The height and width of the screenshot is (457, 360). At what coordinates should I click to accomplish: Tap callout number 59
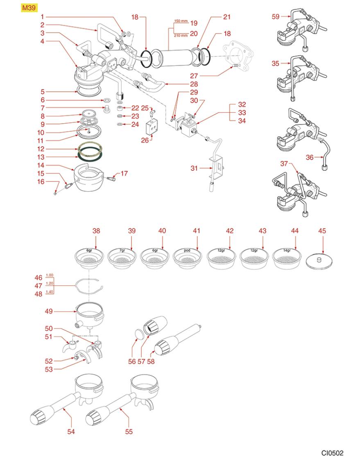[x=276, y=17]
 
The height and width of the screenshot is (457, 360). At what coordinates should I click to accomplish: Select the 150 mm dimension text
[x=180, y=21]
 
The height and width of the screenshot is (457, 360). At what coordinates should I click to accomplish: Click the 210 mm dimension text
[x=180, y=35]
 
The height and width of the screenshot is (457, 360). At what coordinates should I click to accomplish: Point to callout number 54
[x=71, y=431]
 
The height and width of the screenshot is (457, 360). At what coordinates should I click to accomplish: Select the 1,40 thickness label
[x=50, y=292]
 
